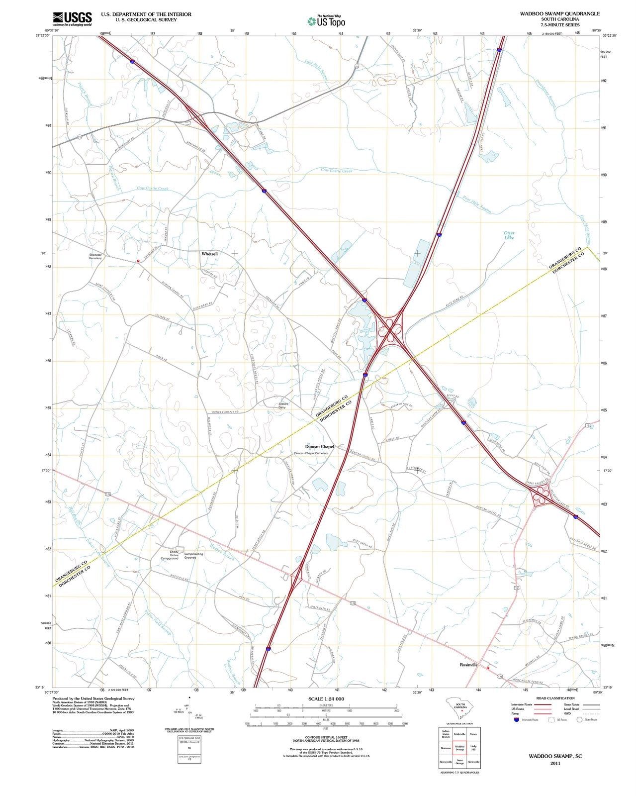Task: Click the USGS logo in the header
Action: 72,19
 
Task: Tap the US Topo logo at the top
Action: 326,21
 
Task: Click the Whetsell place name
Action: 209,254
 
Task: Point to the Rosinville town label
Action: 468,665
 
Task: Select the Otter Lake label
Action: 509,235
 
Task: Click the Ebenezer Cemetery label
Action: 95,257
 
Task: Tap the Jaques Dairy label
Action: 282,405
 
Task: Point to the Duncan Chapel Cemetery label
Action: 311,453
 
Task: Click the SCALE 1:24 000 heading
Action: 326,699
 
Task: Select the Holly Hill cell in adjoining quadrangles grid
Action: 473,748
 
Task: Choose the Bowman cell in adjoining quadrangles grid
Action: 446,748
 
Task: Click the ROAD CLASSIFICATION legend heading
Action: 555,698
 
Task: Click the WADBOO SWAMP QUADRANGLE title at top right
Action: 561,14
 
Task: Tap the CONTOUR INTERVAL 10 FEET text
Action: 326,738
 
